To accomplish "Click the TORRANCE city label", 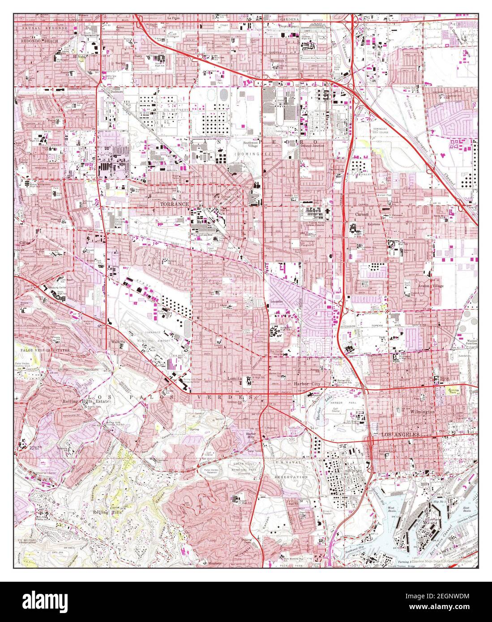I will (174, 204).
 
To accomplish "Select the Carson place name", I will (361, 214).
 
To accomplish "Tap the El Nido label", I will (66, 57).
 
